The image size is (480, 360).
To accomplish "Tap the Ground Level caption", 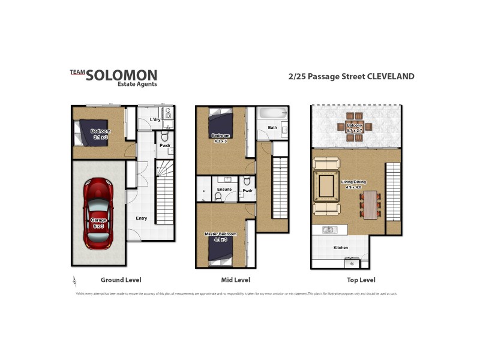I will tap(120, 280).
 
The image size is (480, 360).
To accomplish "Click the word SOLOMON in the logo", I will tap(122, 76).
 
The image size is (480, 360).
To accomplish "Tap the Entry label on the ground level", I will tap(141, 218).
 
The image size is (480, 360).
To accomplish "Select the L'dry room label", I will tap(154, 120).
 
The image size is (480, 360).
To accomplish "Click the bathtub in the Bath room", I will tap(269, 113).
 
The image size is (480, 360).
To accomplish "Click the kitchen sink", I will tap(328, 230).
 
